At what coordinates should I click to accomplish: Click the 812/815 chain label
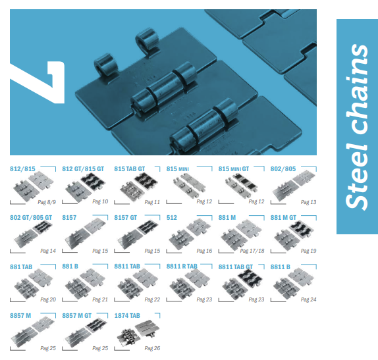[22, 169]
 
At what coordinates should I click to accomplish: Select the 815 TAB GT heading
[130, 169]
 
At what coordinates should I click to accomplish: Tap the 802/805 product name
[283, 169]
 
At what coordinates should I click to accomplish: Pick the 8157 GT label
[125, 218]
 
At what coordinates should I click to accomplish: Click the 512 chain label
[172, 218]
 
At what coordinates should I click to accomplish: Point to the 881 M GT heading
[283, 218]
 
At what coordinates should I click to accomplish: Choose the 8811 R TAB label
[182, 267]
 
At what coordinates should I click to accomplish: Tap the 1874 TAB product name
[127, 315]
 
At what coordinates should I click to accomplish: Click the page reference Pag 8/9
[47, 202]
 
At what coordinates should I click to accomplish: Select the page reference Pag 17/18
[252, 251]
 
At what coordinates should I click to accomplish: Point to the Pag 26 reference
[152, 348]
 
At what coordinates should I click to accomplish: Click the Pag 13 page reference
[309, 202]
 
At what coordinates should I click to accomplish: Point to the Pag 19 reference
[309, 251]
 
